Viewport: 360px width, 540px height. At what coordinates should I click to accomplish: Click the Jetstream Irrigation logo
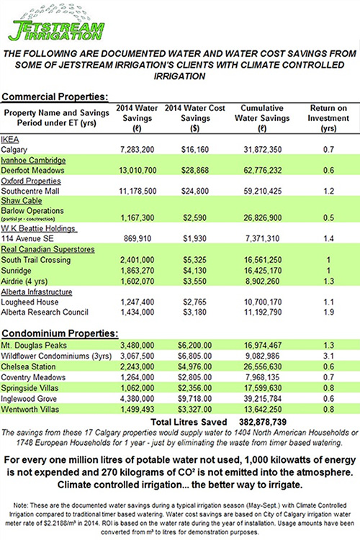tap(57, 24)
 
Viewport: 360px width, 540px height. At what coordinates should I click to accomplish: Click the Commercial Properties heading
tap(55, 96)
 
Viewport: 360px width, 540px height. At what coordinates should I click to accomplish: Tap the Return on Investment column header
tap(328, 118)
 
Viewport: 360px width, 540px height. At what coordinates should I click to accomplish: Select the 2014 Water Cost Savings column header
tap(195, 118)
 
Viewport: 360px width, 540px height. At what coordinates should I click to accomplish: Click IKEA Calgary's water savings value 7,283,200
tap(137, 150)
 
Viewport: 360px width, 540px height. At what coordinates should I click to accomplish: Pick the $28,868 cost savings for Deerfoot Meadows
tap(195, 171)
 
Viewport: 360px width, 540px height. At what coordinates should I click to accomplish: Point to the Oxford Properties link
tap(31, 181)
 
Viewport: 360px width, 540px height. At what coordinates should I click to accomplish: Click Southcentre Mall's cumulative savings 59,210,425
tap(263, 191)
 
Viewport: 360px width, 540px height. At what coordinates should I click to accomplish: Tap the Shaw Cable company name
tap(22, 201)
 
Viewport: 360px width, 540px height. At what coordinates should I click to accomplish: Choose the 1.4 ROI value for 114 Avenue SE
tap(328, 238)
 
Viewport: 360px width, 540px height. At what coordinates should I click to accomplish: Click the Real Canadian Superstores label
tap(48, 249)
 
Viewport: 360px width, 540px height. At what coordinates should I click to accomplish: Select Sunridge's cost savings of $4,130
tap(195, 271)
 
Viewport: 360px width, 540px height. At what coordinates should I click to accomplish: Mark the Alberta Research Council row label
tap(45, 312)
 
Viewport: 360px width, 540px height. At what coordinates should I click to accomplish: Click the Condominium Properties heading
tap(60, 333)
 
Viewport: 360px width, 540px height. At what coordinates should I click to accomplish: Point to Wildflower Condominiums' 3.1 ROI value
tap(328, 356)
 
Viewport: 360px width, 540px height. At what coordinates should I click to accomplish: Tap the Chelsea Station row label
tap(28, 366)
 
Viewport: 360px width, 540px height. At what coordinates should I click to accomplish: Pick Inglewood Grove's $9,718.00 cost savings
tap(195, 399)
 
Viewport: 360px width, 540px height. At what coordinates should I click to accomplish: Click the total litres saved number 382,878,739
tap(263, 422)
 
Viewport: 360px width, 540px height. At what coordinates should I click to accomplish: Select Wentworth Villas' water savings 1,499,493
tap(137, 410)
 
